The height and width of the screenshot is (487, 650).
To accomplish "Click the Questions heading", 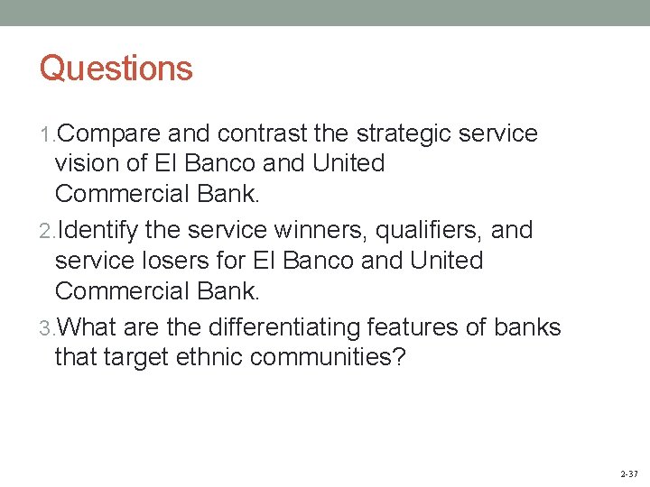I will (116, 69).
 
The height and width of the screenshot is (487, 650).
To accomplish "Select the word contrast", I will (260, 134).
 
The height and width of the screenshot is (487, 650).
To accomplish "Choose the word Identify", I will (98, 231).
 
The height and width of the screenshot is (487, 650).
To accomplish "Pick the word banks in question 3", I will (531, 327).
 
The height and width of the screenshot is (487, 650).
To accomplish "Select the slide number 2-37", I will (628, 473).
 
